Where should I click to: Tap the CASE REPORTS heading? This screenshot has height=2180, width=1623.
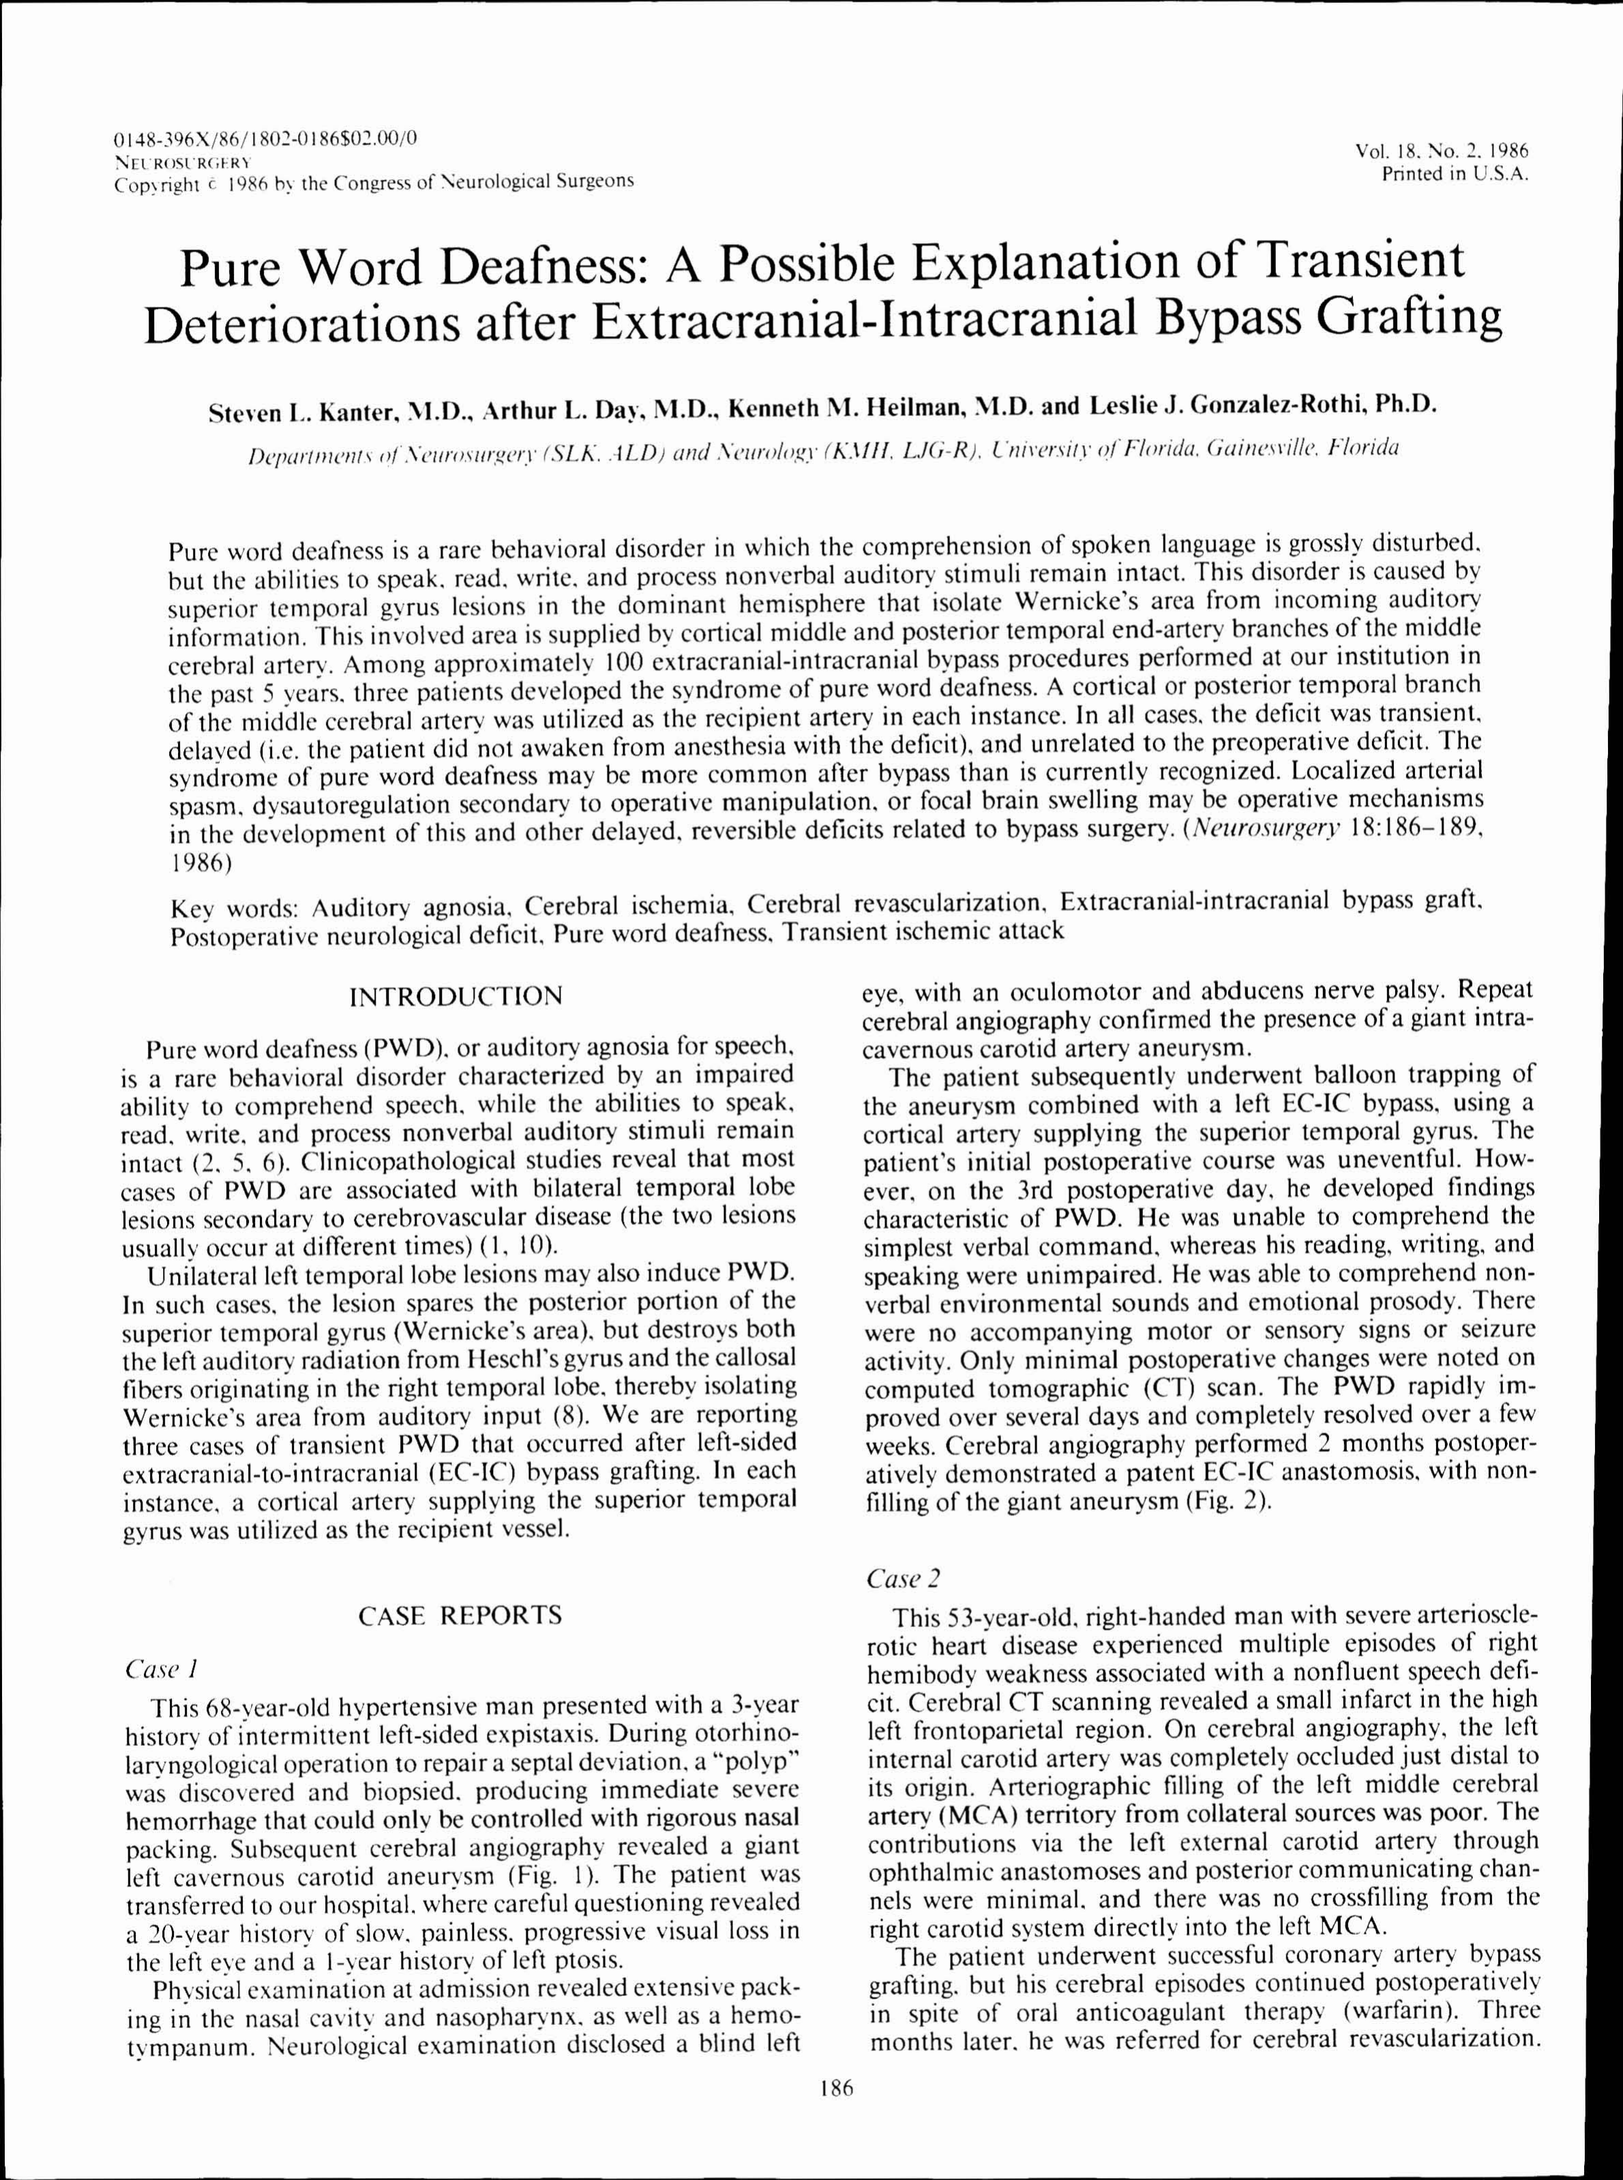[x=460, y=1616]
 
